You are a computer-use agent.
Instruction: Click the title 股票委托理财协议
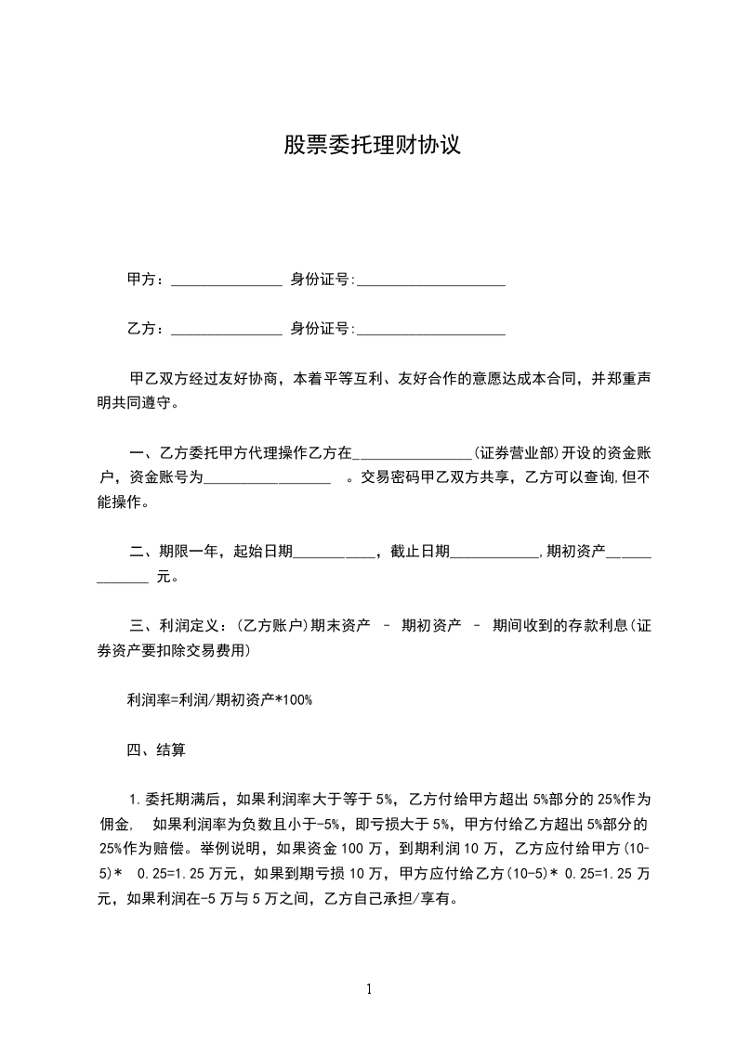(372, 146)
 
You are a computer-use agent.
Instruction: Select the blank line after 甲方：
(227, 280)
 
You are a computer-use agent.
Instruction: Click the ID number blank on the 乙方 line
(431, 330)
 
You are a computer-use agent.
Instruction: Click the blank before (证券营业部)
(414, 455)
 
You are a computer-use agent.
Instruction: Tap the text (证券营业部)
(515, 454)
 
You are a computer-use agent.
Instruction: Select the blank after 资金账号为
(267, 480)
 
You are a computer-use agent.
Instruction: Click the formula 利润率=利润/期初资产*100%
(219, 699)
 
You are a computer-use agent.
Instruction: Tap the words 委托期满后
(185, 798)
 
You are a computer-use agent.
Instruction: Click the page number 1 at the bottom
(369, 989)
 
